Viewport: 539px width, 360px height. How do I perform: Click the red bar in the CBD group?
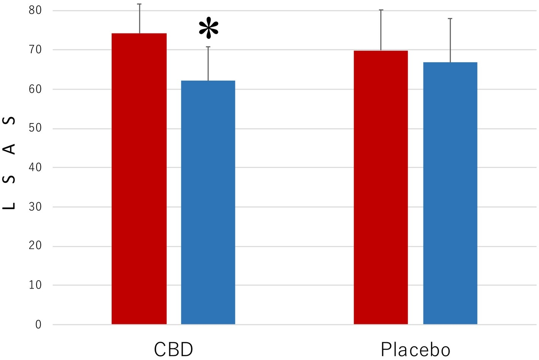coord(139,179)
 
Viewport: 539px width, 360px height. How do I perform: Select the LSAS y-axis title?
coord(9,163)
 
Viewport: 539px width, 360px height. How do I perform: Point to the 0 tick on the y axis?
coord(38,325)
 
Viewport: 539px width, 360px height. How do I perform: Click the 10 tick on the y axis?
coord(35,285)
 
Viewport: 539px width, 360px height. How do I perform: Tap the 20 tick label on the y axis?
coord(35,246)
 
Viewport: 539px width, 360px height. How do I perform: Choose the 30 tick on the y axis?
coord(35,207)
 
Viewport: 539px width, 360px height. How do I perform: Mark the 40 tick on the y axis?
coord(35,167)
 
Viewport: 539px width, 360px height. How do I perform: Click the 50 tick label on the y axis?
coord(35,128)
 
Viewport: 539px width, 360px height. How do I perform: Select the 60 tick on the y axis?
coord(35,89)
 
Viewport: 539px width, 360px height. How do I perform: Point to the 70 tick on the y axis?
coord(35,49)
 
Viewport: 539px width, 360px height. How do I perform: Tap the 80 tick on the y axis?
coord(35,10)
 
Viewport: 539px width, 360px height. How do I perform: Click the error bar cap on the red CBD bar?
coord(139,4)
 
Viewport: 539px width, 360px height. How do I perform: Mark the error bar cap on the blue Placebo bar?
coord(450,18)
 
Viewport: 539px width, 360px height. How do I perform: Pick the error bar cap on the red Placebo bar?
coord(381,10)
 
